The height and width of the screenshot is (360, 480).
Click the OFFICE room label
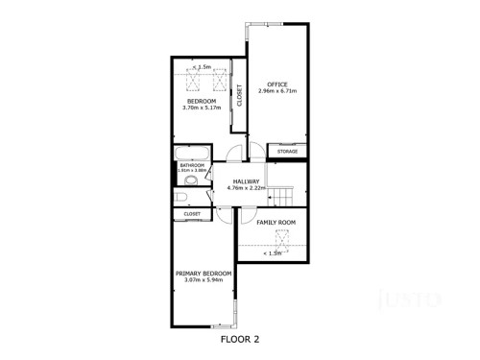click(278, 84)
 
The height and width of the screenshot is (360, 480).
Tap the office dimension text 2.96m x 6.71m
click(278, 91)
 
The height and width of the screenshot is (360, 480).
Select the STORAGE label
click(288, 152)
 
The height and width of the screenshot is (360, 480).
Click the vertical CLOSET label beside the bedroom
click(239, 96)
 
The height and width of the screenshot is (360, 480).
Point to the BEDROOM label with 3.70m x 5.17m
click(202, 101)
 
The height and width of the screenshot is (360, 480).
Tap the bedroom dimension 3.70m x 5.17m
click(202, 108)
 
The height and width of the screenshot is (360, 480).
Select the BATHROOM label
click(192, 165)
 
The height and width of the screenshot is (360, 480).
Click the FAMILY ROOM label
click(276, 223)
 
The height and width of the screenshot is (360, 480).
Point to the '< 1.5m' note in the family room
click(275, 253)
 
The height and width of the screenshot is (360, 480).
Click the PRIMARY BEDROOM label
click(204, 274)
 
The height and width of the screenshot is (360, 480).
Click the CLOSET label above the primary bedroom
click(192, 214)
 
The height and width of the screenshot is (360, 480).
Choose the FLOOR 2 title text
click(240, 338)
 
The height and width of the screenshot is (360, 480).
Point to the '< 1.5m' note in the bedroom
click(203, 67)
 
